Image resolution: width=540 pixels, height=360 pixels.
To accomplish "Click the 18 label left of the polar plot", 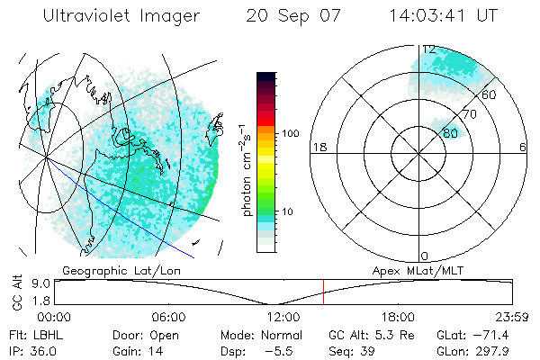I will pyautogui.click(x=319, y=147).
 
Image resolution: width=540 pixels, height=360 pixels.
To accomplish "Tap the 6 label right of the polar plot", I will pyautogui.click(x=523, y=147).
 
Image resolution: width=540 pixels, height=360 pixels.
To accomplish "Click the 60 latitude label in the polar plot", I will pyautogui.click(x=490, y=94).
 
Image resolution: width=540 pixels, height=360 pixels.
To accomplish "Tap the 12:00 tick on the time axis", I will pyautogui.click(x=283, y=317).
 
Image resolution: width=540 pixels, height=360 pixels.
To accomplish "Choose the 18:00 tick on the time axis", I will pyautogui.click(x=398, y=317).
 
